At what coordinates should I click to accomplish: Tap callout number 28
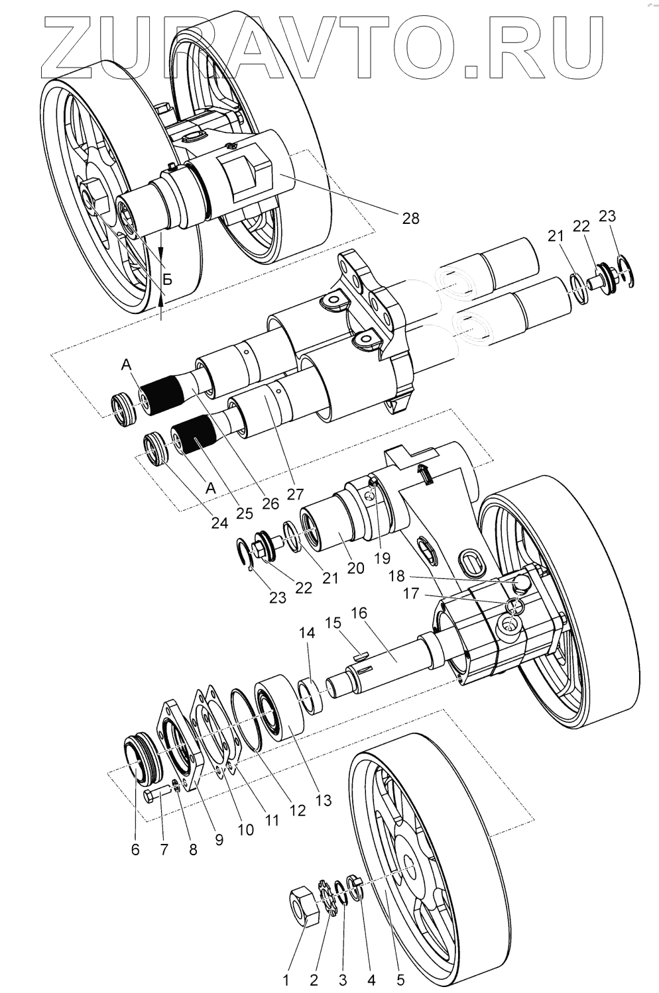point(410,217)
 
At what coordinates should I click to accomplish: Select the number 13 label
point(323,800)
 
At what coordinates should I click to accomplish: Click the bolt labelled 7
point(154,795)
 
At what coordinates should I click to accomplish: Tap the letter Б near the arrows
point(168,280)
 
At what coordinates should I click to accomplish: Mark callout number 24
point(219,522)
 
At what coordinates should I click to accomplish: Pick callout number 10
point(245,829)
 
